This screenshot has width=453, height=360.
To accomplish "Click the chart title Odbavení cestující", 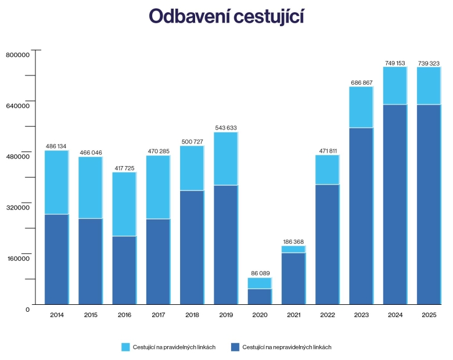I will click(227, 17).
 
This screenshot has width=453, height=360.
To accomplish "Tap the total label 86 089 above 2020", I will click(259, 273).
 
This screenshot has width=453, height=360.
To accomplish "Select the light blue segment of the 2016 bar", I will click(124, 204).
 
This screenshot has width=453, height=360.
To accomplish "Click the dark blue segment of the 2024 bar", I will click(395, 204).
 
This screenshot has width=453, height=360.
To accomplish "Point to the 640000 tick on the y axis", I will click(17, 106).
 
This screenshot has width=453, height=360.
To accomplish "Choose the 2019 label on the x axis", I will click(226, 315).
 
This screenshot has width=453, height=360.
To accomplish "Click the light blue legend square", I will click(125, 347).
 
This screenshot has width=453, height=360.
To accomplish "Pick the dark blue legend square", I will click(235, 347).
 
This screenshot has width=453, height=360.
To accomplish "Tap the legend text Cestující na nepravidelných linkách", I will click(287, 347).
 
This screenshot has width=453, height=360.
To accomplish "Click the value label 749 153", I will click(395, 62).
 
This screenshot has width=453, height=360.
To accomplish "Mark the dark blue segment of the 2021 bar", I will click(293, 278).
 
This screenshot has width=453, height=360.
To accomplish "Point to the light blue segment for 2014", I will click(56, 182).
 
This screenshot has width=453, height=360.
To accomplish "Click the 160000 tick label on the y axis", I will click(17, 258).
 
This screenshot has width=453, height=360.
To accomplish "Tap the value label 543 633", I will click(226, 128).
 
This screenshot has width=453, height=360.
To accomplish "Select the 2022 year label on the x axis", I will click(327, 315).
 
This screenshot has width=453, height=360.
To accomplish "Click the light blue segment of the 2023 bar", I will click(361, 107).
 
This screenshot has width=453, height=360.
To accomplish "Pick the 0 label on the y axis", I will click(27, 309).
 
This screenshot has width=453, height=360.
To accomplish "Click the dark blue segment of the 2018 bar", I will click(192, 247).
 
